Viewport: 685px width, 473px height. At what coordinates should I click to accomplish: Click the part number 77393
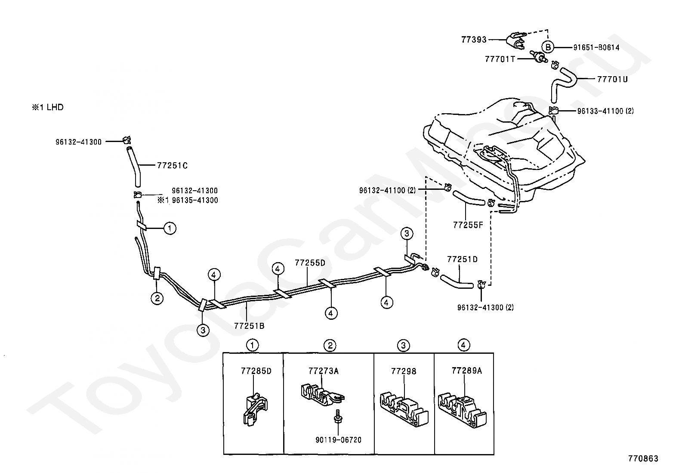(x=474, y=40)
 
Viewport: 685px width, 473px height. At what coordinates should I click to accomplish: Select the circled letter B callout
(x=548, y=47)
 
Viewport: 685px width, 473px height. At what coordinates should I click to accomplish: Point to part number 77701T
(x=500, y=59)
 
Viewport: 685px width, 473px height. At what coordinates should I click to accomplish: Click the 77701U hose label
(x=612, y=79)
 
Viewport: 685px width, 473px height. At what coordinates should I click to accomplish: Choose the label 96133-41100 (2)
(x=605, y=111)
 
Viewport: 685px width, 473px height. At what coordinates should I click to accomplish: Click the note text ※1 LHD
(x=47, y=107)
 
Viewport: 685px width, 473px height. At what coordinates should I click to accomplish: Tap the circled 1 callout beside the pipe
(x=170, y=229)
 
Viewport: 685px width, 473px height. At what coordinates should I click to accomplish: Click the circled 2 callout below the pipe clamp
(x=157, y=298)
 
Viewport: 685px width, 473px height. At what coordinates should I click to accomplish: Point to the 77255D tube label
(x=310, y=263)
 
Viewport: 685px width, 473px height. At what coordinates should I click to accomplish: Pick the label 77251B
(x=249, y=326)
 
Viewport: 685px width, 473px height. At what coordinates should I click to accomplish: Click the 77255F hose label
(x=468, y=225)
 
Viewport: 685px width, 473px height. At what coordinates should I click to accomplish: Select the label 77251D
(x=462, y=260)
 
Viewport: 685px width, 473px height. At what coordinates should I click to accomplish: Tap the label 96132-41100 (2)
(x=387, y=190)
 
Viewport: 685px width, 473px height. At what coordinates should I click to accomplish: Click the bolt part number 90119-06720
(x=338, y=440)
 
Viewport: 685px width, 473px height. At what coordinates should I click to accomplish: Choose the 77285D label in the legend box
(x=256, y=371)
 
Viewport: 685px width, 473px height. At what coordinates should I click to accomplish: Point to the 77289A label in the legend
(x=467, y=371)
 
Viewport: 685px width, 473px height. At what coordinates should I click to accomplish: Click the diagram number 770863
(x=643, y=459)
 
